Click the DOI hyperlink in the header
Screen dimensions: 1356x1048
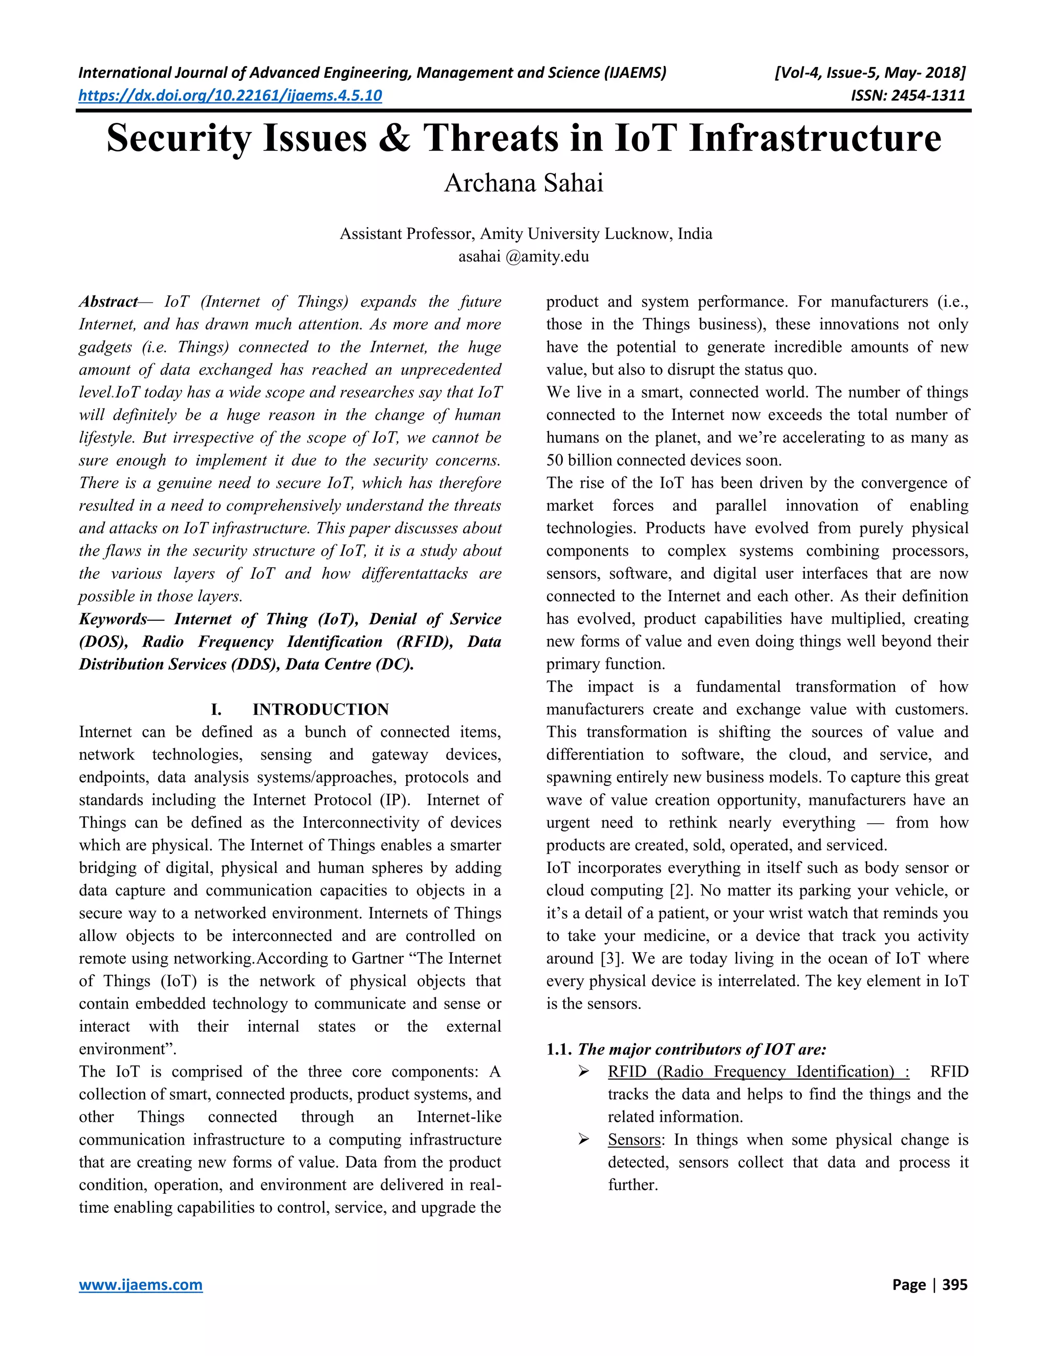[x=230, y=95]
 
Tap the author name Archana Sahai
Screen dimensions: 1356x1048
[x=523, y=183]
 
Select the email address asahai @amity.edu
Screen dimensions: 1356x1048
[x=523, y=256]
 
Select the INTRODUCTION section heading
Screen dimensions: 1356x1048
[x=320, y=709]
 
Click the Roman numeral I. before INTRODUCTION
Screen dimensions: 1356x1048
[x=215, y=709]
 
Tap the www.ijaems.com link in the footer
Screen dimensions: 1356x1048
[x=141, y=1284]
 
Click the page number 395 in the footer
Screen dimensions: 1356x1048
[x=954, y=1284]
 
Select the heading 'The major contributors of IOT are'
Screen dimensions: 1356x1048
[x=702, y=1049]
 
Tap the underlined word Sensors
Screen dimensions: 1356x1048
[x=634, y=1140]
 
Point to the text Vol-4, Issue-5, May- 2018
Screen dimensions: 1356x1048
[x=870, y=73]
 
